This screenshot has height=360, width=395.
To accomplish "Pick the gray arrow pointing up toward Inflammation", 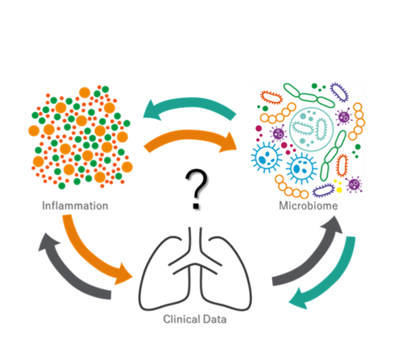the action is [x=65, y=275].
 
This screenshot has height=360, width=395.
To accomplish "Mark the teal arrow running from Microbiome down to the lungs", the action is [x=335, y=280].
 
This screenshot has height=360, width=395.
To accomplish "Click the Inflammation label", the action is [x=75, y=205].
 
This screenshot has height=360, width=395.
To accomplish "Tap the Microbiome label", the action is [x=308, y=205].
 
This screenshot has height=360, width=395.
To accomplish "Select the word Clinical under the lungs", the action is [x=182, y=319].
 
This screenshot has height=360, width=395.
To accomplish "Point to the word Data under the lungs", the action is [x=215, y=319].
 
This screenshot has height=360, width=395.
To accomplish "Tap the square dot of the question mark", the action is [x=196, y=206].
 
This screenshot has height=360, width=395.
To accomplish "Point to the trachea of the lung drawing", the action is [x=195, y=242].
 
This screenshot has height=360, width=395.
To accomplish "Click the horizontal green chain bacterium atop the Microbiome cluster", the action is [x=309, y=96].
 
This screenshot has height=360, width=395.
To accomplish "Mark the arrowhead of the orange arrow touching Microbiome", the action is [x=229, y=143].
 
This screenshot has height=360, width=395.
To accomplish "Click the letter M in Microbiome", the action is [x=284, y=205].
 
